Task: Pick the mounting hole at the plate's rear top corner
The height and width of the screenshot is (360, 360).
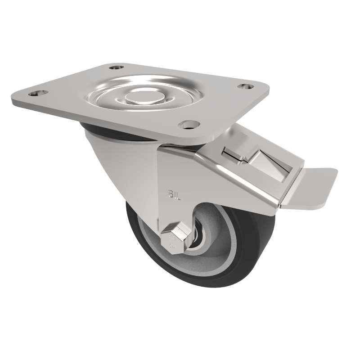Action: coord(116,67)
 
